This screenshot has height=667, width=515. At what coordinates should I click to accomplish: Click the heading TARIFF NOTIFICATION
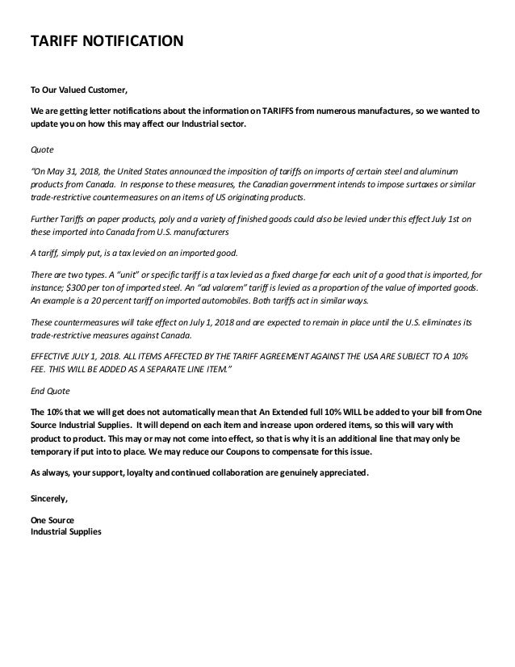click(106, 40)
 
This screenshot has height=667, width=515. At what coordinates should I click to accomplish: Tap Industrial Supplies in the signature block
click(66, 532)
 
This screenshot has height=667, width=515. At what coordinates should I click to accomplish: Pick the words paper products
click(112, 219)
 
